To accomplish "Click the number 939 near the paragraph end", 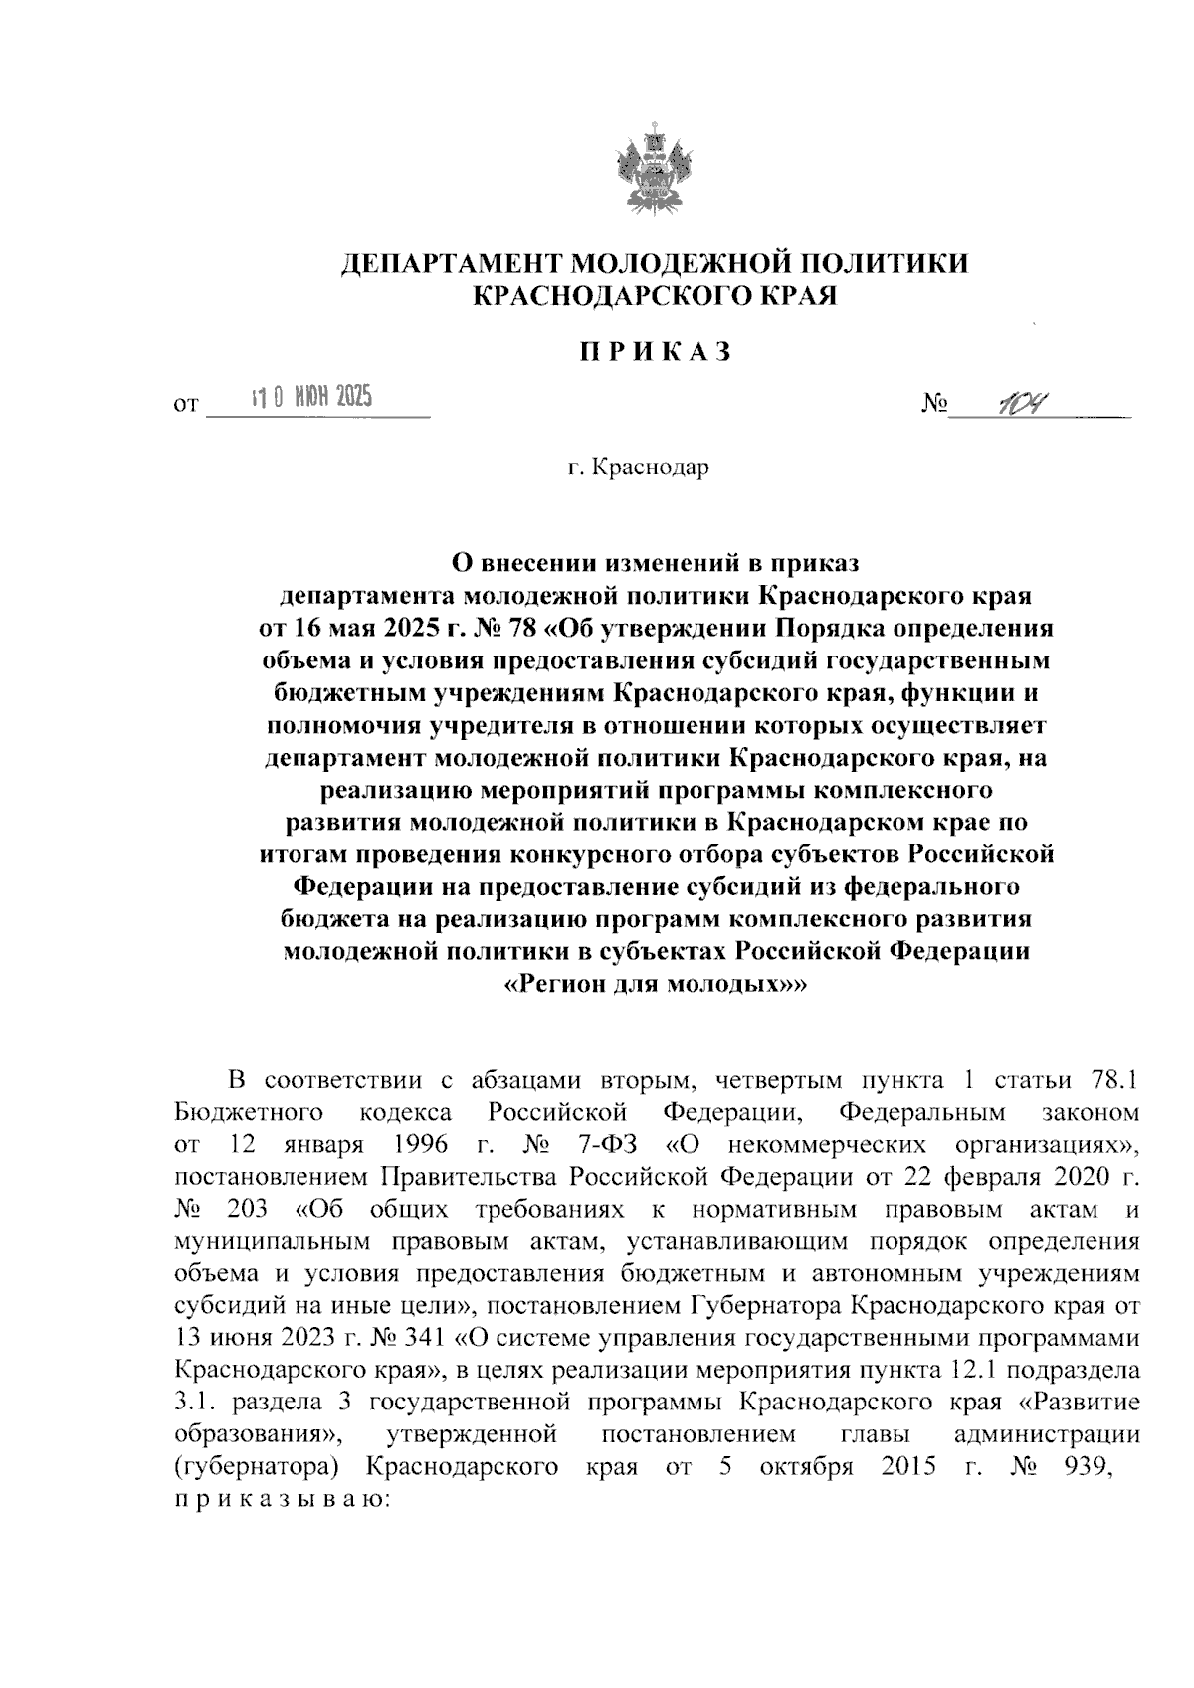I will point(1087,1467).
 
